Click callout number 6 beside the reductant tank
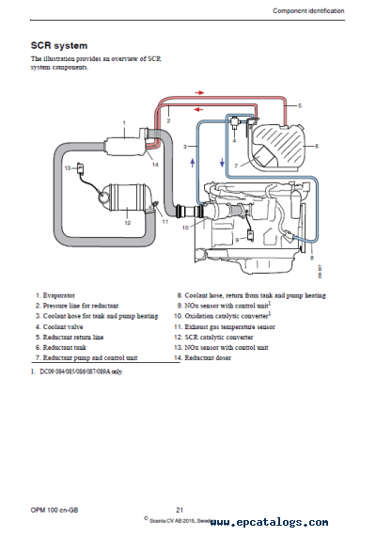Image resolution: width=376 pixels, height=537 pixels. [x=316, y=146]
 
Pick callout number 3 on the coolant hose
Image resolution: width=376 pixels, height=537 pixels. [x=186, y=148]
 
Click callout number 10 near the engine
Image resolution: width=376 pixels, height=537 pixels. [x=186, y=227]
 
